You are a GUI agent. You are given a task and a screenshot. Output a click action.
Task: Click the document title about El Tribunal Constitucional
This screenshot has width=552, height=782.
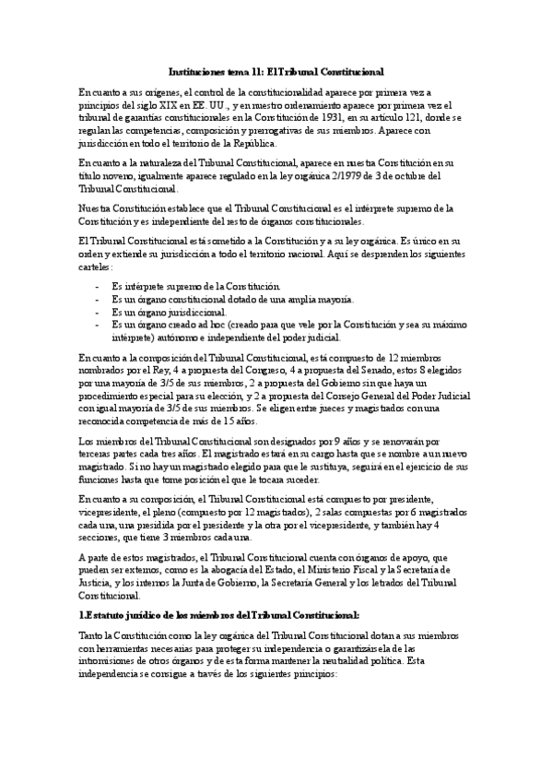pyautogui.click(x=276, y=71)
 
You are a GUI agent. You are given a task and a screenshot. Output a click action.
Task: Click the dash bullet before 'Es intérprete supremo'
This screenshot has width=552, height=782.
pyautogui.click(x=98, y=288)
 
